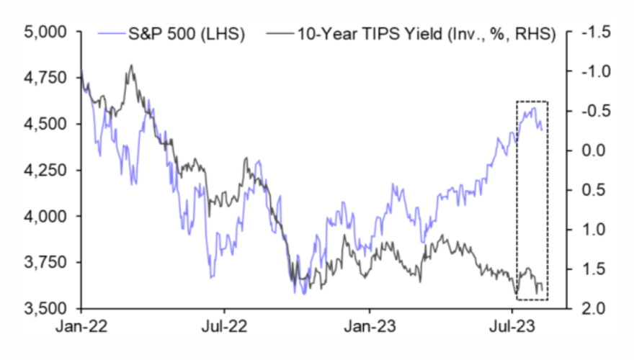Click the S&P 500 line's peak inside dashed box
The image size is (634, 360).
[x=535, y=107]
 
